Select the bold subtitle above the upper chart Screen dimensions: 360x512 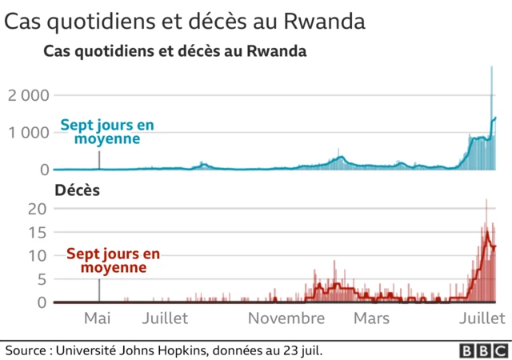pos(174,53)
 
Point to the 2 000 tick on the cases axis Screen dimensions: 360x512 pos(30,95)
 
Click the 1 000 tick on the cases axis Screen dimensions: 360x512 pos(30,132)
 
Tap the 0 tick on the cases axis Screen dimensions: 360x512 pos(44,170)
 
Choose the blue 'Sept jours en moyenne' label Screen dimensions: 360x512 pos(107,132)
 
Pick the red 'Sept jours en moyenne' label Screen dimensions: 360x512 pos(113,261)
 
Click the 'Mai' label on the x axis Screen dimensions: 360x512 pos(98,318)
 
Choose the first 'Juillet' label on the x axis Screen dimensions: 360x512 pos(165,318)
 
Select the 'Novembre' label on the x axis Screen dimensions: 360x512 pos(286,318)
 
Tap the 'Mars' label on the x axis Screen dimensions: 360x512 pos(371,318)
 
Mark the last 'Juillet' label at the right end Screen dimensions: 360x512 pos(482,318)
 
